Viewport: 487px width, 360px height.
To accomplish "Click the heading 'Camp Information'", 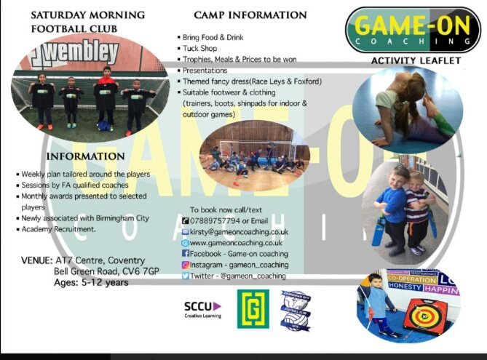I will pos(250,15).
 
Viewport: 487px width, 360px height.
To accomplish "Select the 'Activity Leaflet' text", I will pos(416,61).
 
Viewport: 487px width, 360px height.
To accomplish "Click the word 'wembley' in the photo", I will pos(81,52).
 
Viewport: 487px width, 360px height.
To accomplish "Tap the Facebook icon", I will pos(186,254).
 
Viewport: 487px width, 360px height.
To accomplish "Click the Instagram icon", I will pos(186,265).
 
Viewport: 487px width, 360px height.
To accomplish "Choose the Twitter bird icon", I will pos(186,276).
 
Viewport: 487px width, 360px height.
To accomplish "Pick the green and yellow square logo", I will pos(253,309).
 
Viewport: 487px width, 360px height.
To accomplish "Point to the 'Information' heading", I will pos(85,156).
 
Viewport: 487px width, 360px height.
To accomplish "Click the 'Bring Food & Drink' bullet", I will pos(216,36).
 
